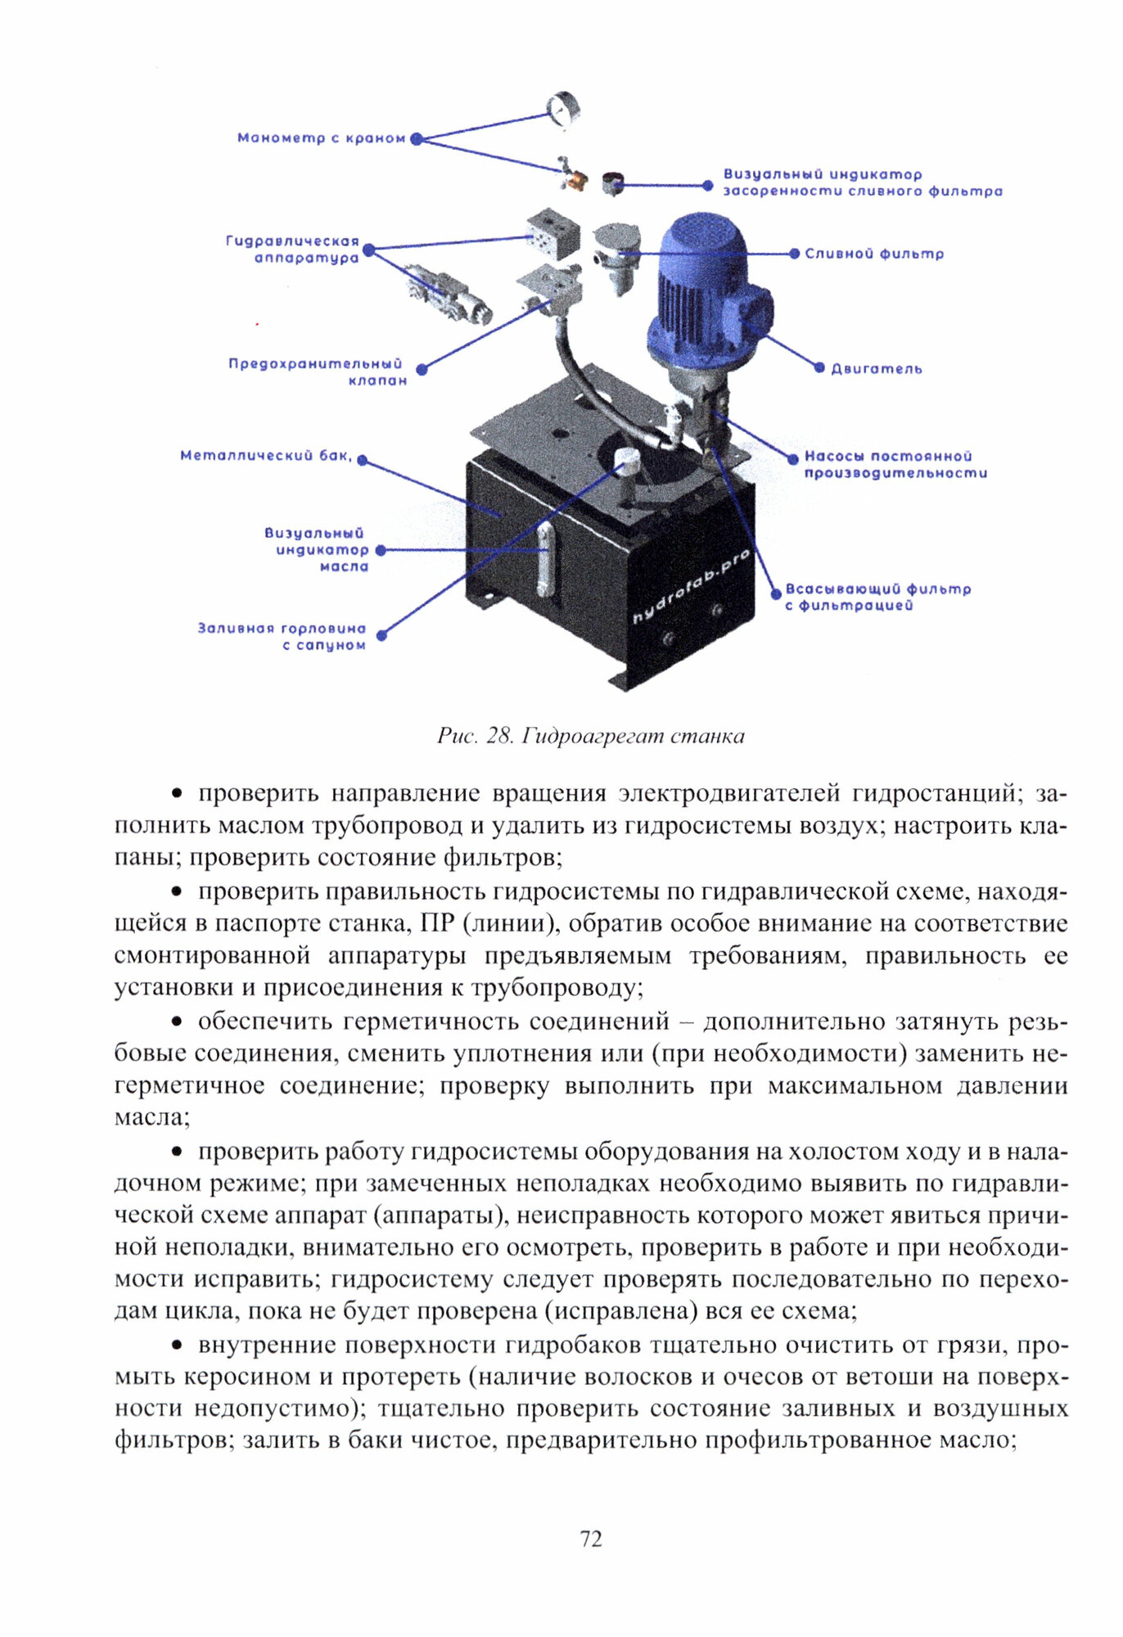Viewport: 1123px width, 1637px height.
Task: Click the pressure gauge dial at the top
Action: (563, 109)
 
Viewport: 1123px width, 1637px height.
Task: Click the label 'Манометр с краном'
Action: (321, 138)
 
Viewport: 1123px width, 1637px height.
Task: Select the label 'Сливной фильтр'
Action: (874, 254)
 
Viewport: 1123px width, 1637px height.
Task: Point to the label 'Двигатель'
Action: (877, 369)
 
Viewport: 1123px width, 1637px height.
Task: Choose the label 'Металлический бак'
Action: (266, 456)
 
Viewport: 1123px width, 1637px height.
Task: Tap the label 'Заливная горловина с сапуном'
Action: (282, 637)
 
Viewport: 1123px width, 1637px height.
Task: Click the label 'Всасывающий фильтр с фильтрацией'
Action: (877, 597)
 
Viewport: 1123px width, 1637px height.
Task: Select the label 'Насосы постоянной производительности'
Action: (895, 464)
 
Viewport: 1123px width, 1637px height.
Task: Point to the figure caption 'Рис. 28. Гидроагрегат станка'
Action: (590, 736)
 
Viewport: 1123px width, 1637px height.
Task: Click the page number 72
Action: (591, 1539)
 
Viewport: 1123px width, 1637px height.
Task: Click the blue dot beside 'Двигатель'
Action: (819, 368)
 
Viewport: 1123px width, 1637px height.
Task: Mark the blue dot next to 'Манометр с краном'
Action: (416, 139)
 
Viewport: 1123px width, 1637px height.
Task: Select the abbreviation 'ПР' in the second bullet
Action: (437, 923)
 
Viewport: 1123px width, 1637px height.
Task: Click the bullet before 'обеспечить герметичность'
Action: (176, 1021)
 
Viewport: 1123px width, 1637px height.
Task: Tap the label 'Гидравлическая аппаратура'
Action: (293, 250)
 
